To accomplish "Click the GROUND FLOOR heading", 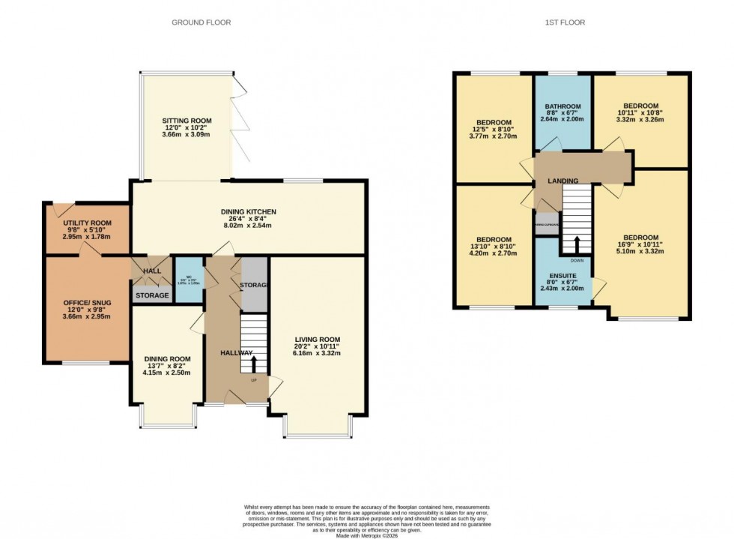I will coord(201,22).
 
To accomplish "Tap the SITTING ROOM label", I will coord(187,121).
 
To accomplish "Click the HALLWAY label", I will coord(236,352).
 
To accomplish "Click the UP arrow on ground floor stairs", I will coord(252,365).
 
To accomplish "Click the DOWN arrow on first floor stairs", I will coord(577,245).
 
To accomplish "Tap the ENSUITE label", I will coord(562,276).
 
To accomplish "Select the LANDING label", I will coord(562,181).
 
